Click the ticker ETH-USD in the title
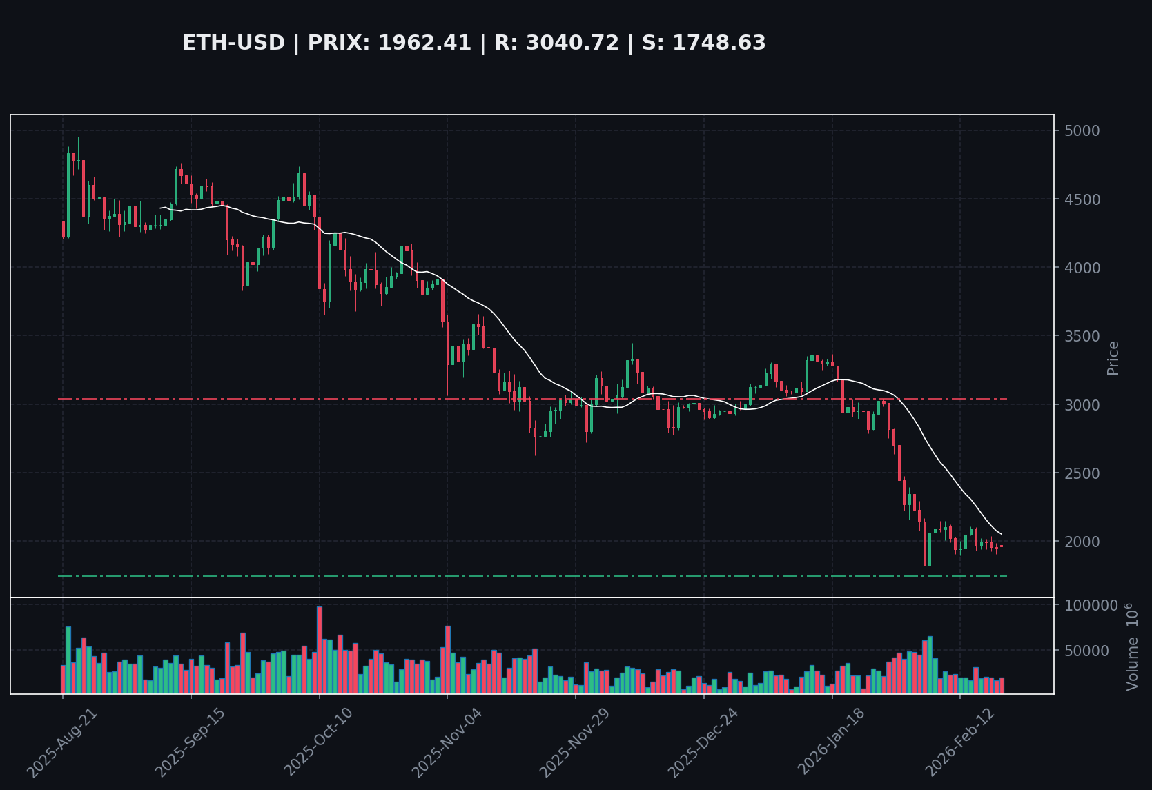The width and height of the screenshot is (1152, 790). coord(233,43)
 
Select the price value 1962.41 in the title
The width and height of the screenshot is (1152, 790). coord(424,43)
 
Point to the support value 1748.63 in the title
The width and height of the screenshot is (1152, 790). coord(719,43)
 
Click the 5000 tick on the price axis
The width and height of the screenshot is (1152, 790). coord(1082,130)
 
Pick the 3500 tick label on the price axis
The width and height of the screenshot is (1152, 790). coord(1082,336)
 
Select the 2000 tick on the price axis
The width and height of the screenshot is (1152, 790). coord(1082,542)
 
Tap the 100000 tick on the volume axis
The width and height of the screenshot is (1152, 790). coord(1091,605)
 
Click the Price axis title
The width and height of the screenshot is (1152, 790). coord(1113,357)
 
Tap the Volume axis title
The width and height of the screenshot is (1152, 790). coord(1132,646)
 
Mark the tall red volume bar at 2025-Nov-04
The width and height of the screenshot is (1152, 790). coord(448,659)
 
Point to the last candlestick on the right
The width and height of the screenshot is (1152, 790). coord(1002,546)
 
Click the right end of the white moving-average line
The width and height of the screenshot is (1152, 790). coord(1002,533)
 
